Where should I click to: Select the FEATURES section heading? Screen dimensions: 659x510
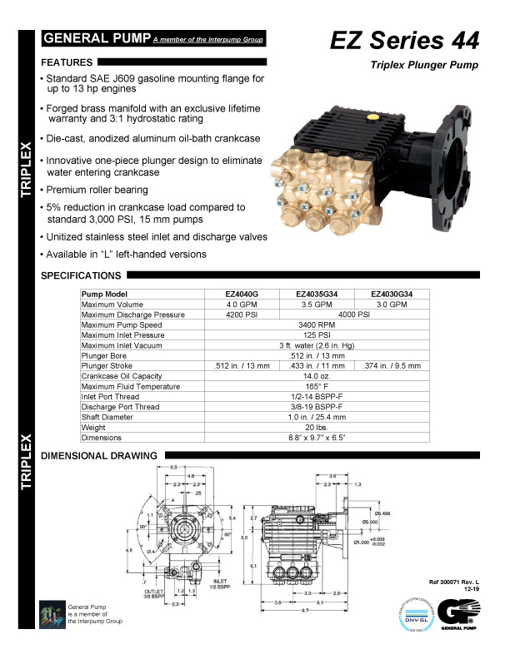coord(67,62)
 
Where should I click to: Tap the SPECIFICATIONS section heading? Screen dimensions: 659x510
coord(81,275)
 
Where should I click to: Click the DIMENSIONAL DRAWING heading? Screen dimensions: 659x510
coord(99,456)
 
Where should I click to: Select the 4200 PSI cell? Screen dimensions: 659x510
coord(242,315)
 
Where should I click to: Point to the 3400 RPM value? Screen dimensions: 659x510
coord(317,325)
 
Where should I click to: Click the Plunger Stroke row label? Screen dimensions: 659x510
coord(107,365)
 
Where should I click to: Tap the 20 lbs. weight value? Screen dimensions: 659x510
coord(317,427)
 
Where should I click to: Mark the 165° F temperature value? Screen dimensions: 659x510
coord(317,386)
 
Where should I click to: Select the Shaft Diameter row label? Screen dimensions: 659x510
coord(107,417)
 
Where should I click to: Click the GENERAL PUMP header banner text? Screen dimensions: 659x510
coord(97,39)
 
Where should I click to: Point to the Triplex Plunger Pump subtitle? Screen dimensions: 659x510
coord(425,65)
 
